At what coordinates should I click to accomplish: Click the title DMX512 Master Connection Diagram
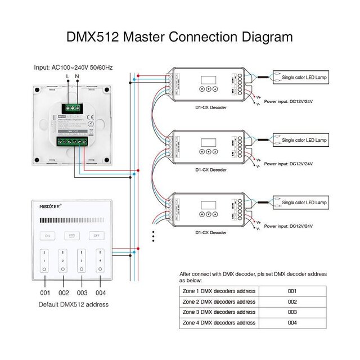pyautogui.click(x=180, y=38)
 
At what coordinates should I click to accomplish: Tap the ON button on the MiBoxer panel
pyautogui.click(x=48, y=236)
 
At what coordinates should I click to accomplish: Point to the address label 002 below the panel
pyautogui.click(x=64, y=293)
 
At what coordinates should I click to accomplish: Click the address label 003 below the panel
pyautogui.click(x=82, y=293)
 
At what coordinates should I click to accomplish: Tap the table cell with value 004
pyautogui.click(x=291, y=323)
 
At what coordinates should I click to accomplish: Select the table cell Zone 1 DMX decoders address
pyautogui.click(x=219, y=291)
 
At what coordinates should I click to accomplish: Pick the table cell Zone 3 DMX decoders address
pyautogui.click(x=219, y=312)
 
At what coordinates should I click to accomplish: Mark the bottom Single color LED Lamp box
pyautogui.click(x=304, y=202)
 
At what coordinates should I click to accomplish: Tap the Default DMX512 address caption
pyautogui.click(x=74, y=304)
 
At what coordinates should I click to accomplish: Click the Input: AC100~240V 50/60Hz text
pyautogui.click(x=74, y=67)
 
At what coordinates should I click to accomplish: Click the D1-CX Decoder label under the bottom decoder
pyautogui.click(x=211, y=232)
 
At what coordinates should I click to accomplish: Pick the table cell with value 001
pyautogui.click(x=291, y=291)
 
